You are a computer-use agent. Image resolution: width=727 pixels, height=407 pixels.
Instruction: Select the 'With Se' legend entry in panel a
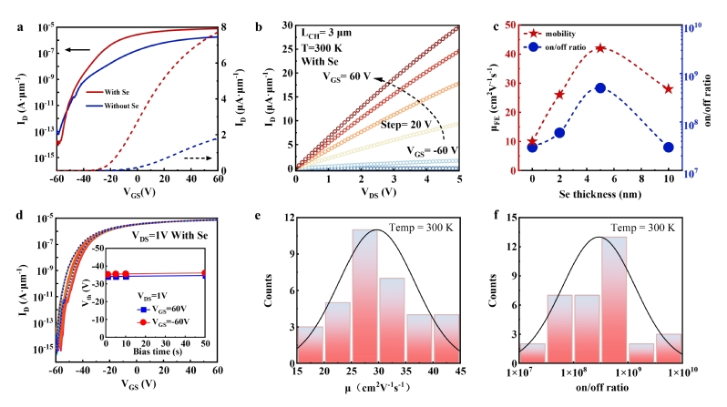click(x=128, y=92)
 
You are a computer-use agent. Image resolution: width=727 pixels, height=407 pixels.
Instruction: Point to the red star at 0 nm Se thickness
click(x=532, y=142)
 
